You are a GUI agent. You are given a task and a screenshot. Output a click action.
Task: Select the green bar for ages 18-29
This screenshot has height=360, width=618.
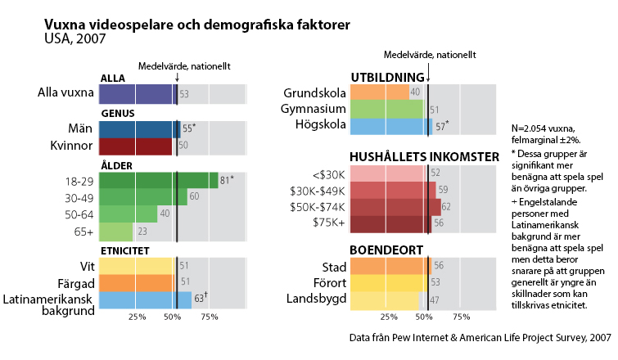click(158, 181)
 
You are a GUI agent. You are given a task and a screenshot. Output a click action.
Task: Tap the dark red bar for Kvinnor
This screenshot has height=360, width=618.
click(135, 146)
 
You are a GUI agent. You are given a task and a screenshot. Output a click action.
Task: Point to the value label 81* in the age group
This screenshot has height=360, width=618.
click(227, 180)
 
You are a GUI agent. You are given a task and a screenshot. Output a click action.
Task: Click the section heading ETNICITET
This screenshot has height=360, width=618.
click(124, 250)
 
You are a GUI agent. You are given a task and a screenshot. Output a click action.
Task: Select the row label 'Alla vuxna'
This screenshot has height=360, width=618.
click(65, 93)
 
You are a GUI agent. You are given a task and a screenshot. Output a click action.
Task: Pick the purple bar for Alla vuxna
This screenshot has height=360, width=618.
click(138, 94)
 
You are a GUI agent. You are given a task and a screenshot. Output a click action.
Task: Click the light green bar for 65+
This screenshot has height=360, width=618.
click(115, 232)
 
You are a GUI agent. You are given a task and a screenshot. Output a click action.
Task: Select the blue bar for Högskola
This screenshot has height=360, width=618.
click(390, 126)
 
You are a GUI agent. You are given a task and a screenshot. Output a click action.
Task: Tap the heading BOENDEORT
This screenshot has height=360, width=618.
click(387, 250)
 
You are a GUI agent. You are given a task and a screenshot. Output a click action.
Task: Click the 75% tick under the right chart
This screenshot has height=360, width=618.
click(462, 317)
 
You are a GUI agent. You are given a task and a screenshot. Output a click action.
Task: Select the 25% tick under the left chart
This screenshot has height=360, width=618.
click(137, 317)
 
